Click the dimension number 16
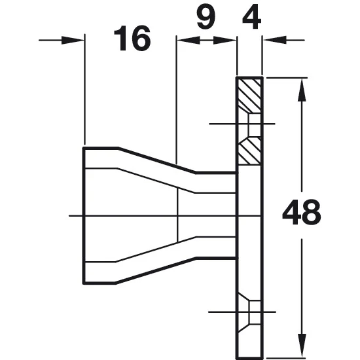132,38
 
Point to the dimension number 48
302,212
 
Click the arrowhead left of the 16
72,40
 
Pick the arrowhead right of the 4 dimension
275,40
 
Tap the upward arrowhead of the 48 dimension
302,90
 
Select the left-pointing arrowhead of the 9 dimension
189,40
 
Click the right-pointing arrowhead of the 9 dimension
225,40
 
